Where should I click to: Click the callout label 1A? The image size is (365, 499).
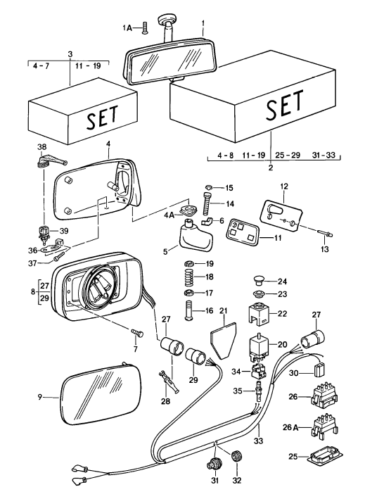[127, 27]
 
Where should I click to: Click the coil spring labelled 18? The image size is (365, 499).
[188, 277]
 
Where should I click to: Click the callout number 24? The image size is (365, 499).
[283, 280]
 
